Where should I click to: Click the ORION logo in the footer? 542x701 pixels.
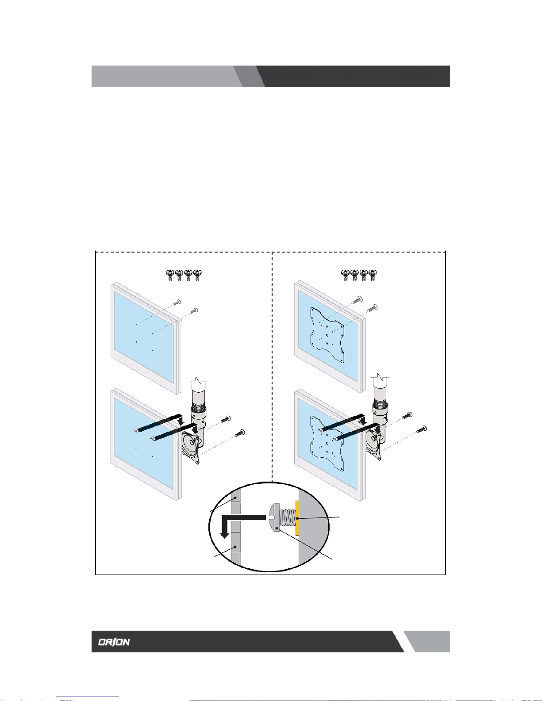(x=114, y=642)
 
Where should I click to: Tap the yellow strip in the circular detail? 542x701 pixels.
(x=297, y=518)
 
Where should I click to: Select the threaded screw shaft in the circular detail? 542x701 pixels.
(x=287, y=518)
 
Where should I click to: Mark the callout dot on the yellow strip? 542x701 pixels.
(x=297, y=518)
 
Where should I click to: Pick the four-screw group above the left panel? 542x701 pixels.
(x=184, y=275)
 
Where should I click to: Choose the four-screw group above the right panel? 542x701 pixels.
(x=359, y=275)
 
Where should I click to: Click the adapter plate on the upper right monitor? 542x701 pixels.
(x=327, y=335)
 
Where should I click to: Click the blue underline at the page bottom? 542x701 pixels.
(x=88, y=697)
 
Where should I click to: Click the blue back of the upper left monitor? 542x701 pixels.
(x=143, y=337)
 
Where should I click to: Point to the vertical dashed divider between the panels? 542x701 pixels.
(x=272, y=366)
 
